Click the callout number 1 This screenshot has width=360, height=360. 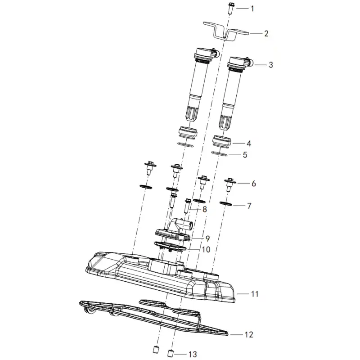[x=252, y=9]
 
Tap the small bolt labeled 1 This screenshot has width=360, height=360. [x=231, y=8]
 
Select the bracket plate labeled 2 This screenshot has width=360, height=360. [x=226, y=31]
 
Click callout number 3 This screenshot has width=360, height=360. [x=271, y=65]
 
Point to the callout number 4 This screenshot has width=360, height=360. [x=249, y=144]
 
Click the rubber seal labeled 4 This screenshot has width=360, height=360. [x=221, y=142]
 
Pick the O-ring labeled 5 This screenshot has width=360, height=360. [x=219, y=153]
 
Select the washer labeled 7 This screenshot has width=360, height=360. [x=226, y=204]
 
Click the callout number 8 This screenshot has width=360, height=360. [x=204, y=209]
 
